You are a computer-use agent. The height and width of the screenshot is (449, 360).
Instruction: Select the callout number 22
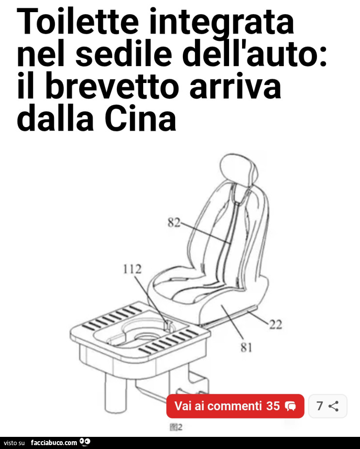275,325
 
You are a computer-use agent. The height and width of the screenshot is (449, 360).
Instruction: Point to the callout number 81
246,348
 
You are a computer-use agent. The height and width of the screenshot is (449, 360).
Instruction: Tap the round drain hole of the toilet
144,336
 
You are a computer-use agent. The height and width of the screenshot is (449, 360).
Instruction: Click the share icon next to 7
334,406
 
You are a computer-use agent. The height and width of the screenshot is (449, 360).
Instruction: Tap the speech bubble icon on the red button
291,406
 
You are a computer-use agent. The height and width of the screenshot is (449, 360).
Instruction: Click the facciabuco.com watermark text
53,443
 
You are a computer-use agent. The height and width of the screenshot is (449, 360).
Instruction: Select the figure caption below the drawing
176,428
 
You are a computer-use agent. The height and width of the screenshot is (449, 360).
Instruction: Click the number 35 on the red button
273,406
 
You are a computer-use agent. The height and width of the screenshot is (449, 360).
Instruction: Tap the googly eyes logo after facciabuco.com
85,442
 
